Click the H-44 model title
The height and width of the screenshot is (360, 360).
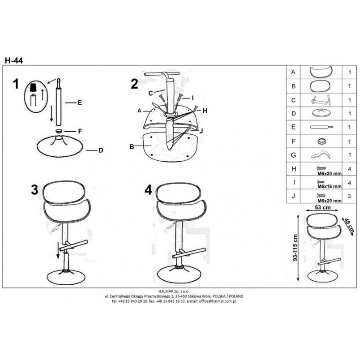[14, 60]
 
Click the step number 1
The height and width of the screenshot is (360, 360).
[16, 84]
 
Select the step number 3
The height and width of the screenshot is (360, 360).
[34, 190]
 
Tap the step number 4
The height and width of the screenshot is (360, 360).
[148, 190]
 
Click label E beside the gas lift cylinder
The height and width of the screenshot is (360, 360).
[80, 103]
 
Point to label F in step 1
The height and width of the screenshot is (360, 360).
[80, 131]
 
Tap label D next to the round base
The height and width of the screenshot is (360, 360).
[101, 150]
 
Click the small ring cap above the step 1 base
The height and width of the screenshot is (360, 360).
[59, 131]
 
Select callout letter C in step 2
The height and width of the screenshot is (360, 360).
[150, 93]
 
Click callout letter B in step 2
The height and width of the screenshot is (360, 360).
[132, 146]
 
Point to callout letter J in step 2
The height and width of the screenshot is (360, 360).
[201, 131]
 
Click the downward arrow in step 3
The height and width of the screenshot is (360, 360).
[58, 250]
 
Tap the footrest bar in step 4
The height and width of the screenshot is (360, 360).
[189, 253]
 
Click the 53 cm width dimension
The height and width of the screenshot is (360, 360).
[322, 207]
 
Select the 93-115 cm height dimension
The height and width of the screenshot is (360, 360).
[295, 248]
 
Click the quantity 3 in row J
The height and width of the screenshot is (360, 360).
[349, 196]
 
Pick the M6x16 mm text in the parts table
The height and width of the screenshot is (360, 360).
[330, 186]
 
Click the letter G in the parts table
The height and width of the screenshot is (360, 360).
[293, 155]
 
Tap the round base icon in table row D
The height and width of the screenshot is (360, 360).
[321, 113]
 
